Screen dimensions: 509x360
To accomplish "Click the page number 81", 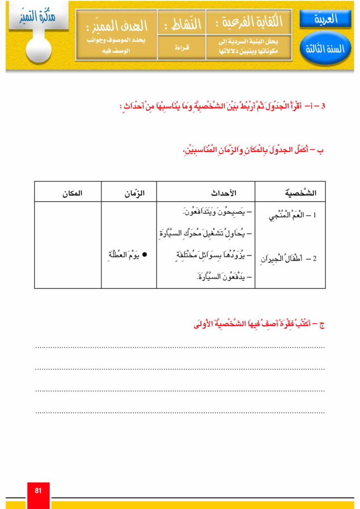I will pos(38,491).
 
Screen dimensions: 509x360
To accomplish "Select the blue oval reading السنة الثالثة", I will pos(326,49).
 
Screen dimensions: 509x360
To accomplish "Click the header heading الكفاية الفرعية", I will pos(249,22).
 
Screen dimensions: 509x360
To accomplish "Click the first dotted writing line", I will pos(180,347).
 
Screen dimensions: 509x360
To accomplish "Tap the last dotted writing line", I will pos(180,412).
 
